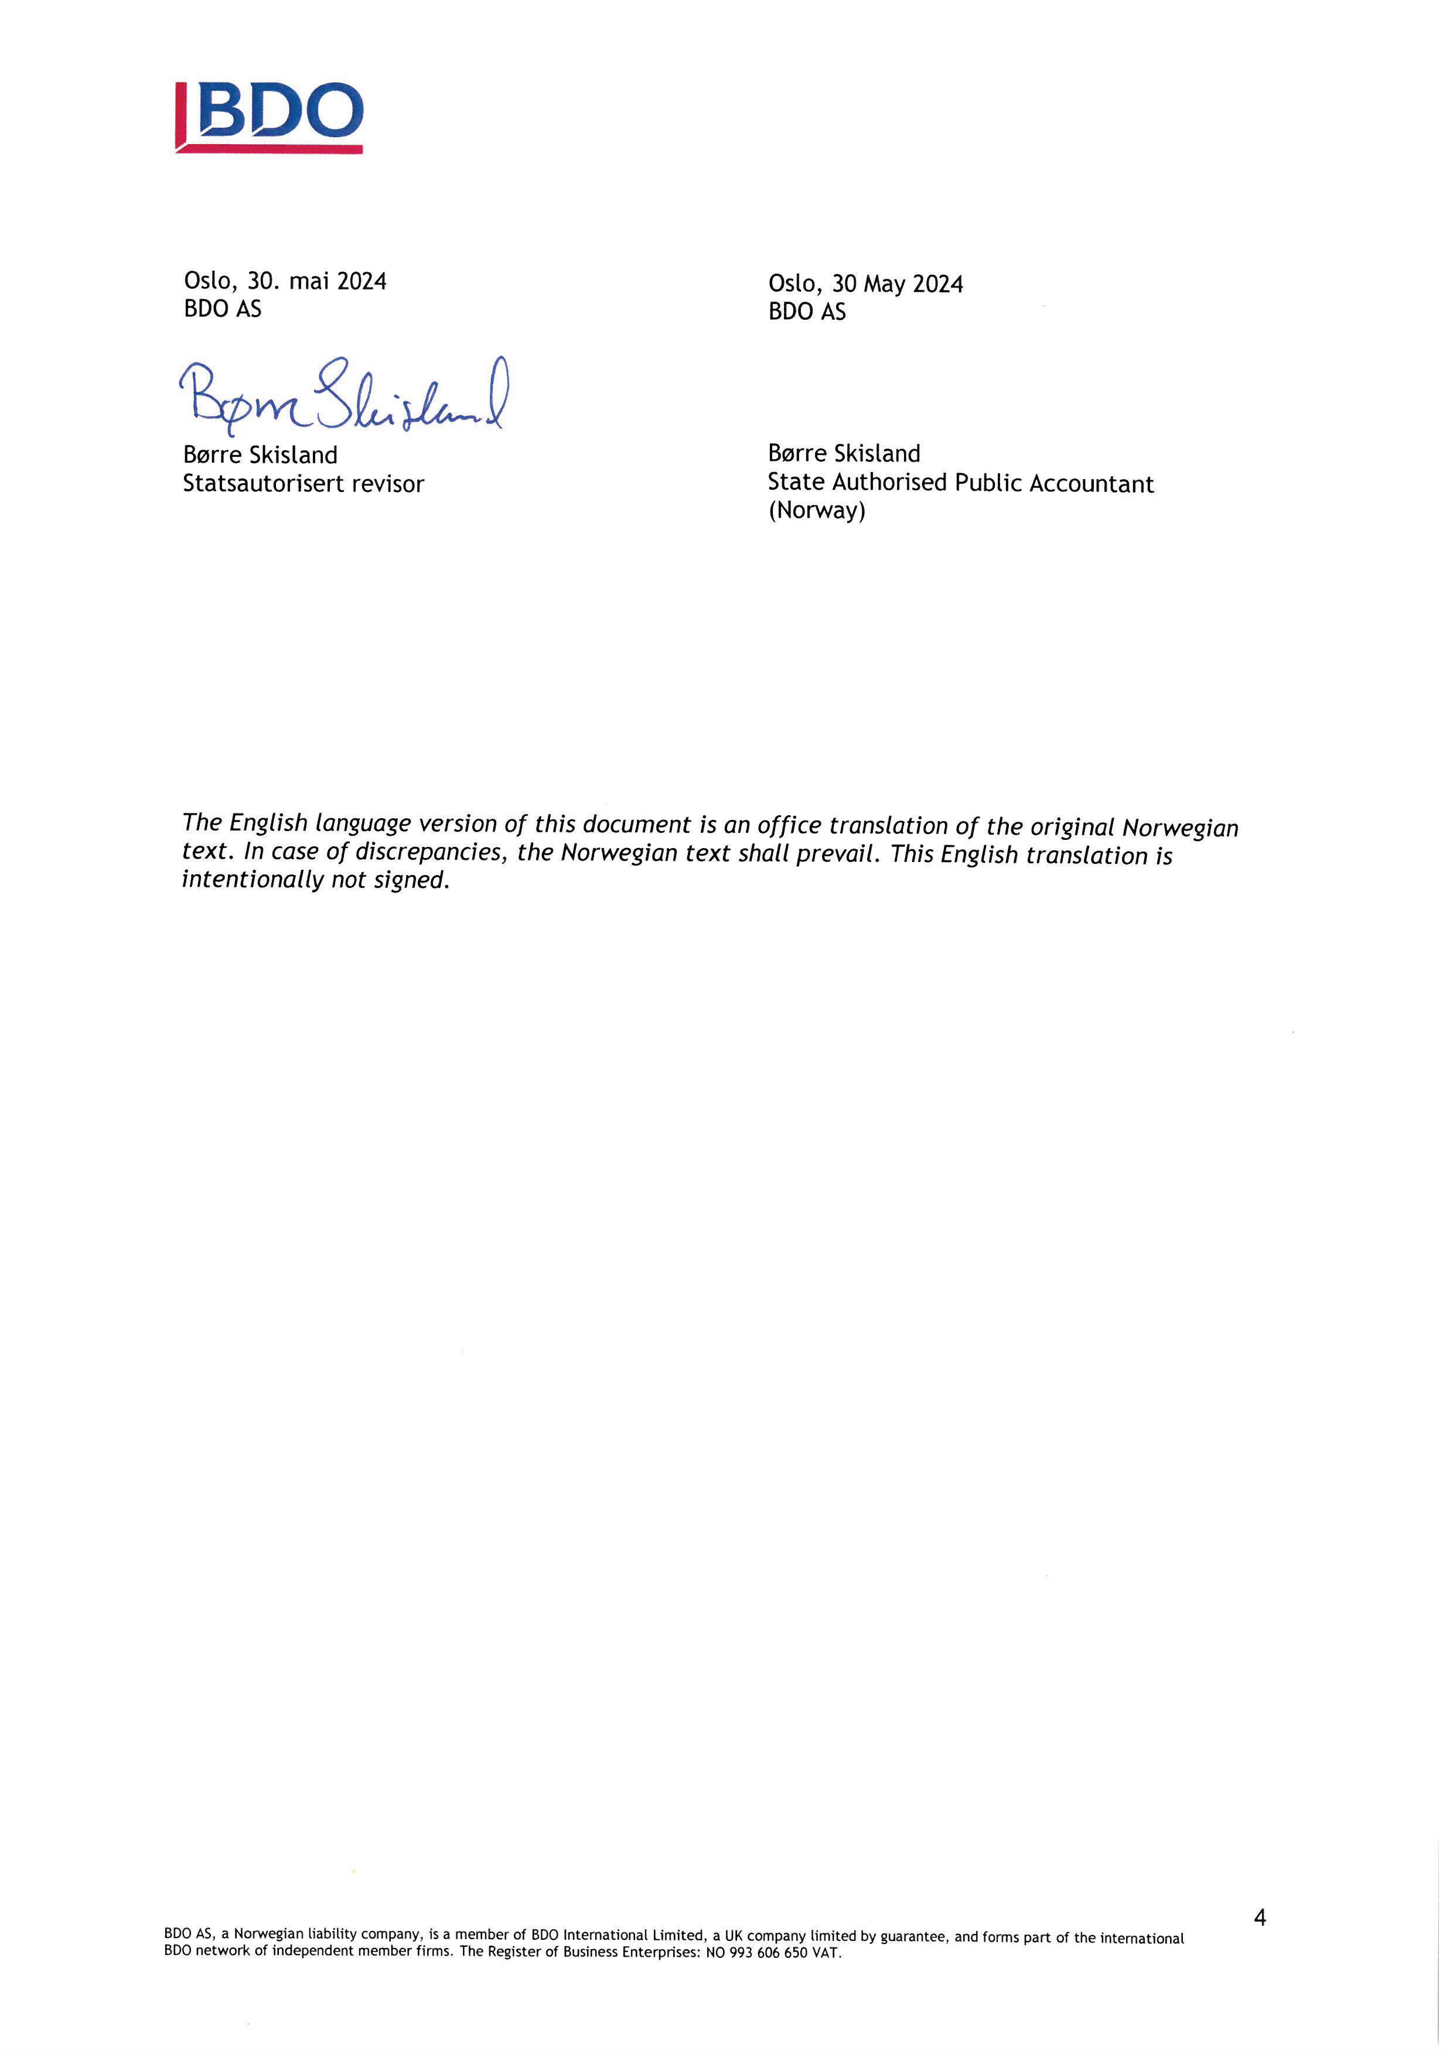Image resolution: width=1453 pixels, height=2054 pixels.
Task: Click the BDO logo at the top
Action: click(270, 117)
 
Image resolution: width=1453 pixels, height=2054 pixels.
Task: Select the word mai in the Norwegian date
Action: click(309, 281)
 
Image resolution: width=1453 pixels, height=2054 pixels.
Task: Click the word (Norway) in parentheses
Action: click(816, 511)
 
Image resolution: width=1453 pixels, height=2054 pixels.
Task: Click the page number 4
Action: click(1260, 1917)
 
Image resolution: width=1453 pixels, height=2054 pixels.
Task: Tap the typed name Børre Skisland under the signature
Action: click(260, 455)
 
